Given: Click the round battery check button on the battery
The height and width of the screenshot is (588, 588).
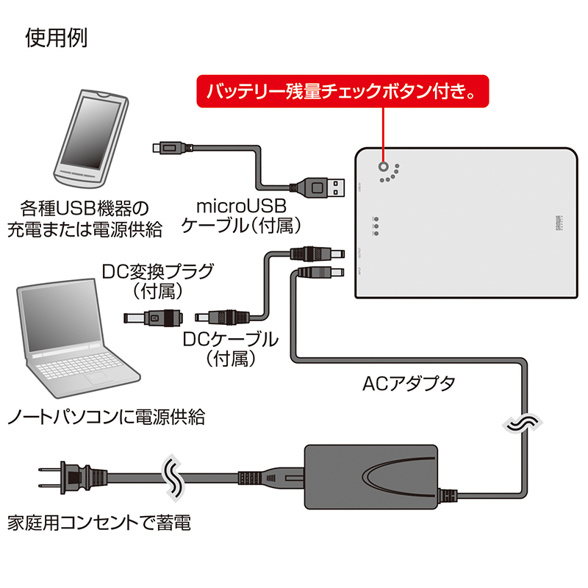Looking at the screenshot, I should pos(383,167).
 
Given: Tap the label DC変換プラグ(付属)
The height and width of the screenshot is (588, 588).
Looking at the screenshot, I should pos(158,282).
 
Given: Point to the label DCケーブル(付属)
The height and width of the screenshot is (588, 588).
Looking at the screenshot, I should pos(231,349).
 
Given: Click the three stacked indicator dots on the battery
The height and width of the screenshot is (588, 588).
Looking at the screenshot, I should pos(376,226).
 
